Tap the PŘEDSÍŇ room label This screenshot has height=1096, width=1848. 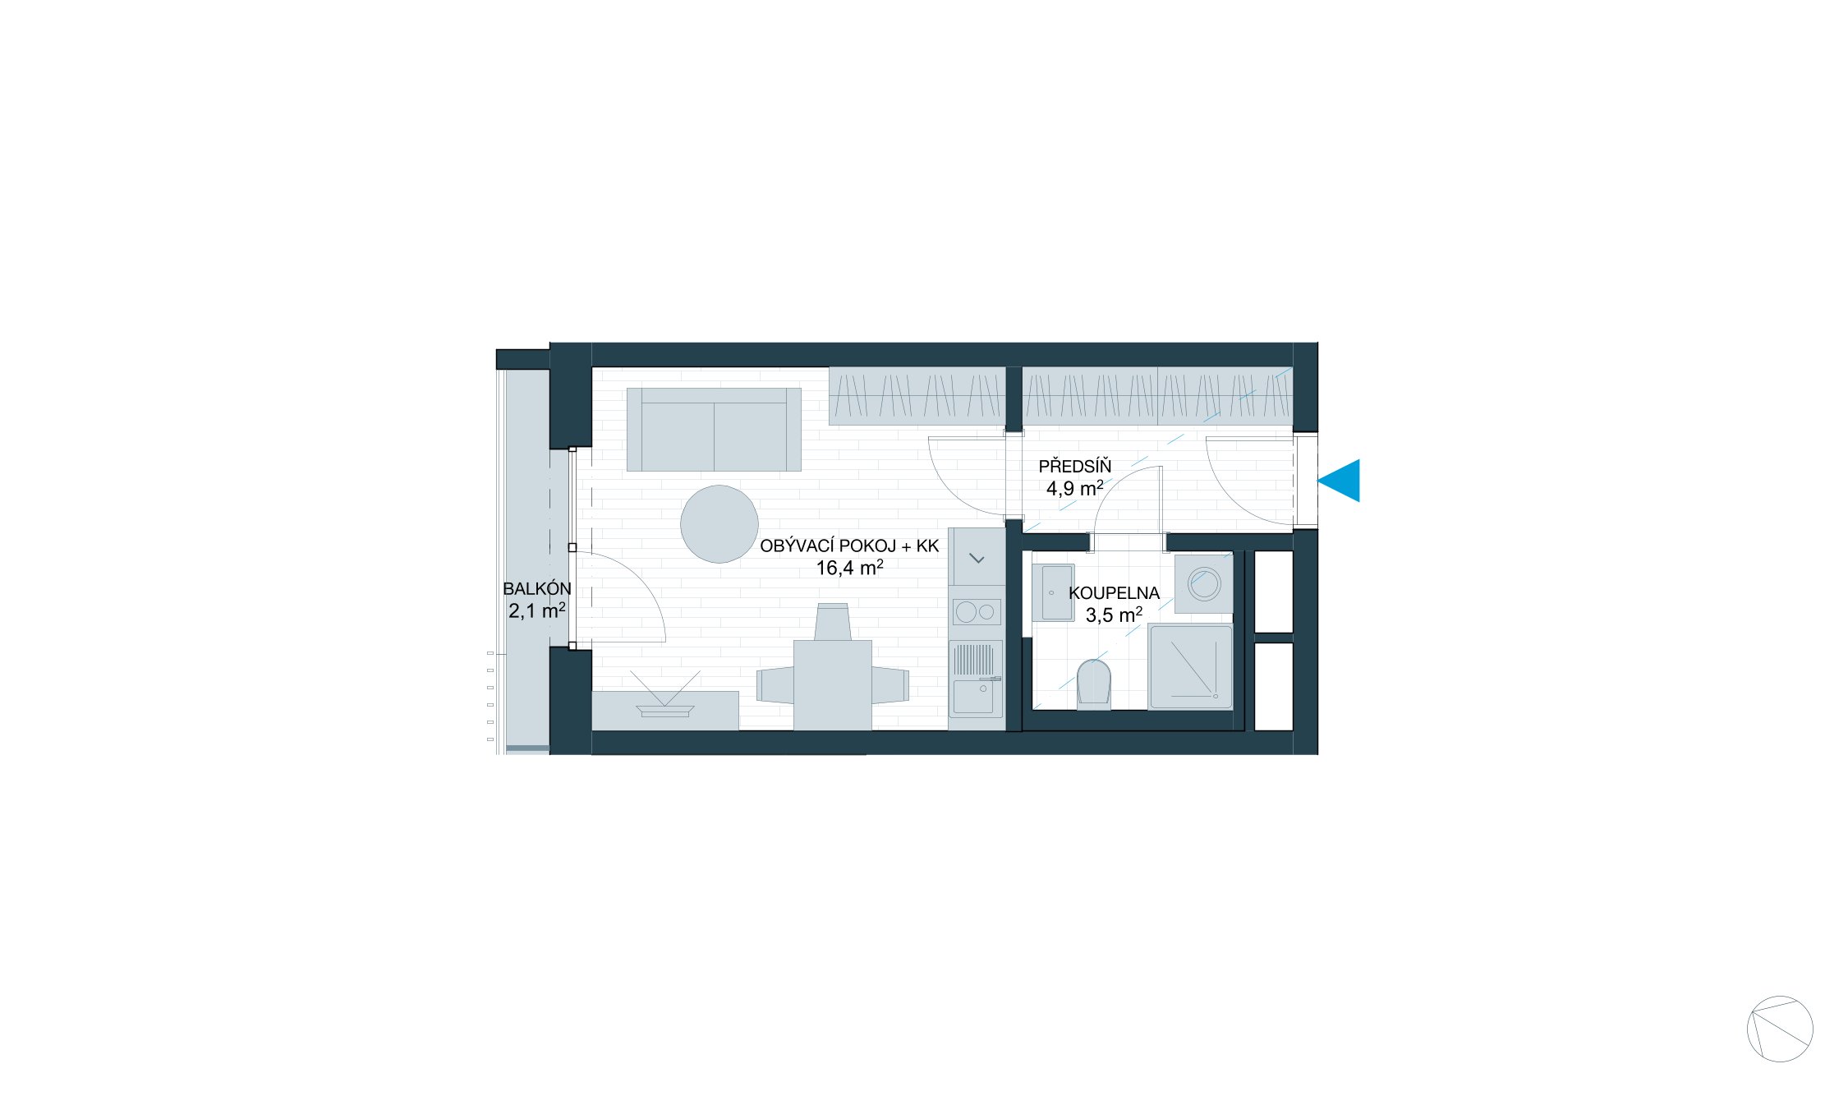pos(1074,467)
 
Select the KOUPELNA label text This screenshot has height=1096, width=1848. pos(1114,593)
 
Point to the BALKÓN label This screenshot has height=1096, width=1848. pos(536,589)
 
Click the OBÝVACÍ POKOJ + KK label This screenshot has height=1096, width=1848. pos(848,546)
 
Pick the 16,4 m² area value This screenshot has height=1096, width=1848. pos(848,568)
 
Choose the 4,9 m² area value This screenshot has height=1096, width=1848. pos(1074,489)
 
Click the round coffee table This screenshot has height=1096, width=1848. pos(719,524)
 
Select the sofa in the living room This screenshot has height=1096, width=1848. pos(713,430)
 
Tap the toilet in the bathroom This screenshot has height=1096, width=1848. pos(1093,683)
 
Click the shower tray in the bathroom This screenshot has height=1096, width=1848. pos(1190,666)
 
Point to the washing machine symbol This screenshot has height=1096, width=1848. pos(1204,584)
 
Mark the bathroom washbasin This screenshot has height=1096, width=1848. pos(1052,592)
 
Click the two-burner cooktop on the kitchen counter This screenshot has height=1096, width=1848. pos(975,612)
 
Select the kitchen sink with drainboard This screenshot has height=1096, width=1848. pos(975,679)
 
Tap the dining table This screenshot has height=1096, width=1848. pos(832,685)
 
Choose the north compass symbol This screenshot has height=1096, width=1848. pos(1780,1029)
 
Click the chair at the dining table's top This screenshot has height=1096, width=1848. pos(832,622)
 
